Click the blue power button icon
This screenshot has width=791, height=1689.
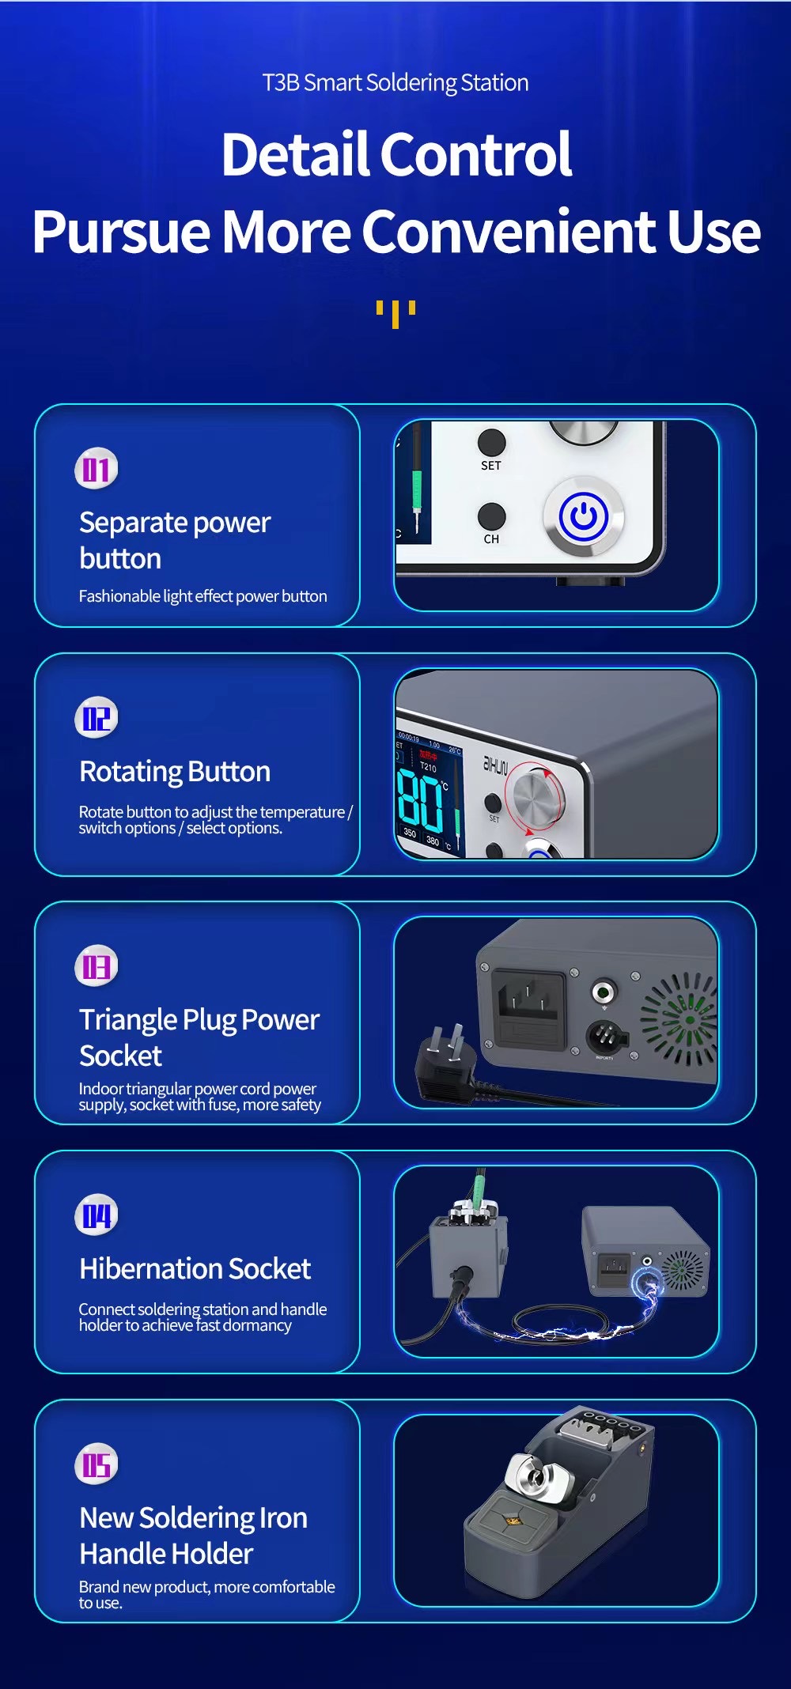pyautogui.click(x=583, y=516)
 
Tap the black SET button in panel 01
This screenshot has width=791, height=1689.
pyautogui.click(x=491, y=443)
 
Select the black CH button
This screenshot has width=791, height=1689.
pyautogui.click(x=491, y=516)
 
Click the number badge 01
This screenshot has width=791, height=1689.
pyautogui.click(x=97, y=469)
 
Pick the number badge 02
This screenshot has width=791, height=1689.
pyautogui.click(x=97, y=718)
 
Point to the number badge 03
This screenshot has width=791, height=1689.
pyautogui.click(x=97, y=966)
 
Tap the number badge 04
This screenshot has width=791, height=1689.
pyautogui.click(x=97, y=1215)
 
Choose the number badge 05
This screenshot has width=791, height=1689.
pyautogui.click(x=97, y=1464)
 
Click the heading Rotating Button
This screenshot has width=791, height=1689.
pyautogui.click(x=175, y=772)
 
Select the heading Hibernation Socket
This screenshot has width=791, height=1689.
pyautogui.click(x=195, y=1268)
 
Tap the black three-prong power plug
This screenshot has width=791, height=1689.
pyautogui.click(x=448, y=1066)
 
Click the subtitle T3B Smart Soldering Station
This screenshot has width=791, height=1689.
pyautogui.click(x=395, y=82)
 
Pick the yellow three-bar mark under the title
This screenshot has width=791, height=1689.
pyautogui.click(x=395, y=314)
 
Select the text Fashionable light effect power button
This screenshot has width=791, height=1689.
pyautogui.click(x=202, y=596)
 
